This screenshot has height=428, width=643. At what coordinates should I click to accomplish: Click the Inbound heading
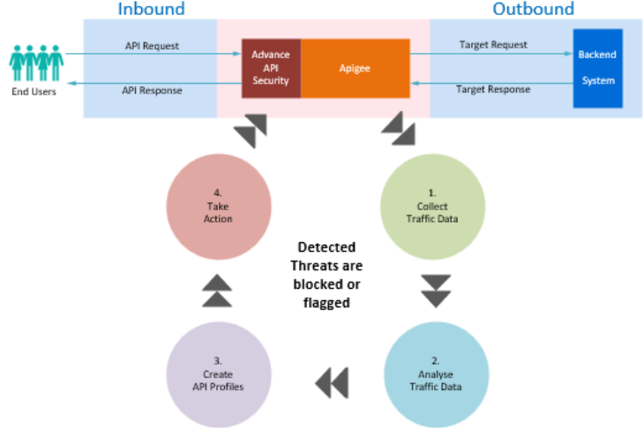[x=151, y=10]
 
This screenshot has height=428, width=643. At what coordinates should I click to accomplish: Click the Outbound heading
[x=533, y=10]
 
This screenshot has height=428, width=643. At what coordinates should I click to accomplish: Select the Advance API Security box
[x=271, y=68]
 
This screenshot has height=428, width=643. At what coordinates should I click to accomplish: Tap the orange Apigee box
[x=355, y=68]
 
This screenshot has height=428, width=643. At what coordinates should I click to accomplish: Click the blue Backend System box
[x=597, y=68]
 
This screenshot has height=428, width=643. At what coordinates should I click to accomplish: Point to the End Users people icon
[x=36, y=62]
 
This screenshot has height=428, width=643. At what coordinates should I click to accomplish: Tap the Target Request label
[x=493, y=44]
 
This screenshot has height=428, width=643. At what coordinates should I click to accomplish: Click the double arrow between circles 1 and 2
[x=436, y=291]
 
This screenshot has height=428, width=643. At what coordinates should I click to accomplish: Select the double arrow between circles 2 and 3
[x=332, y=381]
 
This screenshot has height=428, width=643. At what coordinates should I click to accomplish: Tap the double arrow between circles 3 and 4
[x=217, y=290]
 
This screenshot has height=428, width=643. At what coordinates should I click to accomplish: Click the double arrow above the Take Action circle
[x=251, y=132]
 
